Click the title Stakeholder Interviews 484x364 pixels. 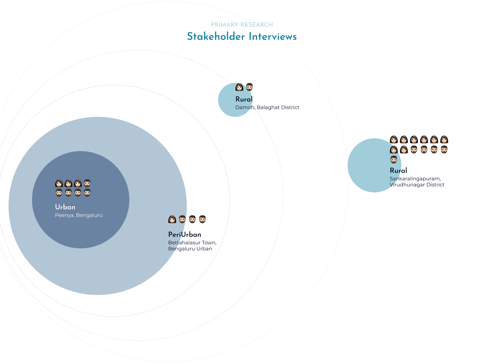click(242, 37)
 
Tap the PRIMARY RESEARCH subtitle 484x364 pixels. click(242, 25)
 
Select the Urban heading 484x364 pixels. click(65, 207)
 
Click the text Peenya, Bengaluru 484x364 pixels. click(79, 215)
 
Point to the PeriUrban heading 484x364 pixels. click(185, 235)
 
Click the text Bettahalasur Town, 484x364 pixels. click(192, 243)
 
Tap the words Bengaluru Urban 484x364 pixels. click(190, 249)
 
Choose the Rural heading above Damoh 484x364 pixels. click(244, 99)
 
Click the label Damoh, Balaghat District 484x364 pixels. click(267, 107)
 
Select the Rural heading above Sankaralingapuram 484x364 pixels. click(398, 171)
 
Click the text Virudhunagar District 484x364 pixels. click(417, 185)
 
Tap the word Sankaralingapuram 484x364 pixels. click(415, 179)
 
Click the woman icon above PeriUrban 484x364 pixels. click(172, 219)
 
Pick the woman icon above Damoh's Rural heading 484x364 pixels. click(239, 87)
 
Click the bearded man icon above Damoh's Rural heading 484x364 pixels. click(249, 87)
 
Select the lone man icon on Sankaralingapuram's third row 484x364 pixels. click(394, 159)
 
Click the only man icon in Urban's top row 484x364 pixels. click(87, 183)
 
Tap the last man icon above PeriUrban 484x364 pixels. click(202, 219)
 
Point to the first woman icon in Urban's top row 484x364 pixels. click(59, 183)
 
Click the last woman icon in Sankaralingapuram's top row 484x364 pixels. click(444, 139)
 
